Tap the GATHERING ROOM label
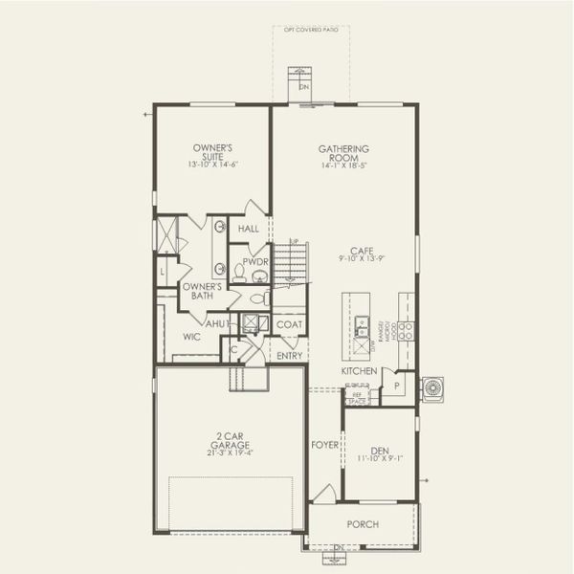[x=343, y=153]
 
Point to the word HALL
[x=249, y=230]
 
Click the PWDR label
[x=254, y=261]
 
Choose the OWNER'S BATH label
[x=202, y=291]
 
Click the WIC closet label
[x=191, y=338]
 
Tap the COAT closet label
[x=289, y=324]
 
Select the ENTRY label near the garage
[x=290, y=356]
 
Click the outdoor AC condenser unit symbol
[x=433, y=387]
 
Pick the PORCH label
[x=363, y=524]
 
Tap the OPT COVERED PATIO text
[x=310, y=30]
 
